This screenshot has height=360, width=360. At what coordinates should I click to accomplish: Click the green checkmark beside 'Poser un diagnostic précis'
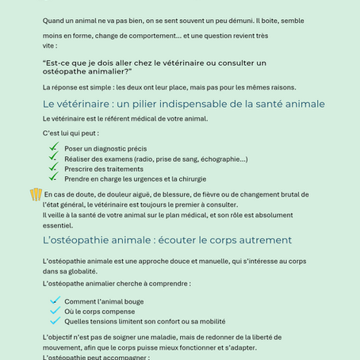tap(54, 147)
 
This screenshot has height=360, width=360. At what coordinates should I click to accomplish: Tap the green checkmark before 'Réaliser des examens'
tap(54, 157)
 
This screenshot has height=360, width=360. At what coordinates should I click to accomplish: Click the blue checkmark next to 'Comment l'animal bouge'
tap(55, 300)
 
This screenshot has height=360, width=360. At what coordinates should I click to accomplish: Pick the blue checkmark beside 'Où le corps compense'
tap(55, 310)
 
